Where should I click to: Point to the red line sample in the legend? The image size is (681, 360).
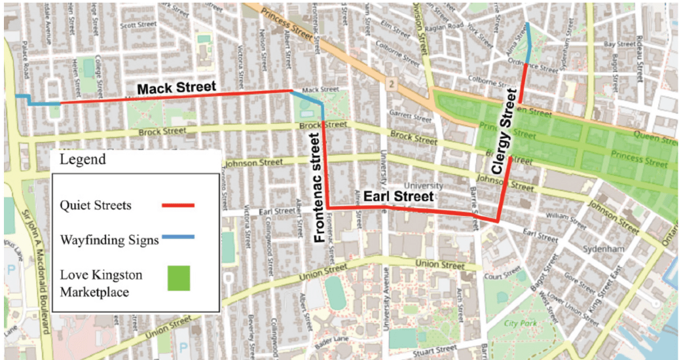coord(178,206)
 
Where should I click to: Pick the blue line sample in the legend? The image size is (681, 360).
coord(178,239)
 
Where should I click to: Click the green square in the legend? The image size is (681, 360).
coord(177,278)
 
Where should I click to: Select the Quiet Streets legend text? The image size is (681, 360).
coord(96,206)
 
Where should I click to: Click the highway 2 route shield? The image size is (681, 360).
coord(392,84)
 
